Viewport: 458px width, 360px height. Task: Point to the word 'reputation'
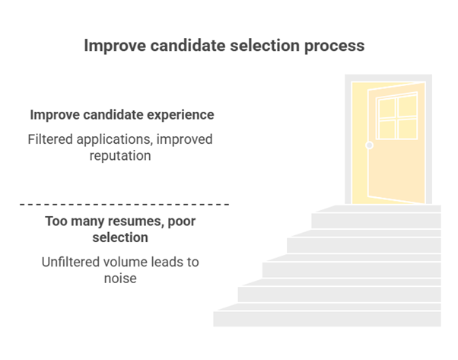pyautogui.click(x=121, y=155)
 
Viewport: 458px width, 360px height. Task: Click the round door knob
pyautogui.click(x=370, y=145)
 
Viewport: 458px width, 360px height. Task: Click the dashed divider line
pyautogui.click(x=123, y=204)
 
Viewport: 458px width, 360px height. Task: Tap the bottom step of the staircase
pyautogui.click(x=327, y=318)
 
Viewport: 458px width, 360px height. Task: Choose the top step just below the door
pyautogui.click(x=378, y=209)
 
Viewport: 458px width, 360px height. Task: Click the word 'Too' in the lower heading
pyautogui.click(x=56, y=221)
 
